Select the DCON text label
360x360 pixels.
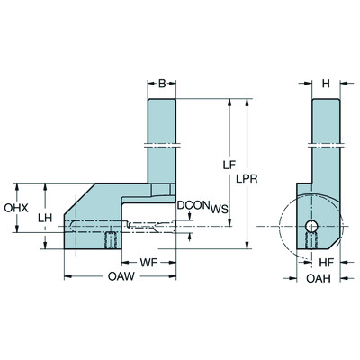(x=192, y=205)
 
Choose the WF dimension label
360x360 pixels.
(x=155, y=261)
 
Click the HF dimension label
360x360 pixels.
(x=329, y=261)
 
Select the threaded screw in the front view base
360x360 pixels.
(x=112, y=240)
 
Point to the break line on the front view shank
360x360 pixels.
(x=162, y=143)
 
